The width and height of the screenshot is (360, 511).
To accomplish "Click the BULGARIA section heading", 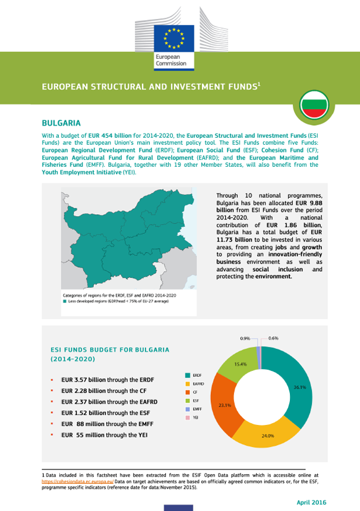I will (x=61, y=123).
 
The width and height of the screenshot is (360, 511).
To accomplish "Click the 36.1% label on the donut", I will (x=300, y=388).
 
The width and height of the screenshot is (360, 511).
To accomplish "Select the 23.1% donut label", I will (x=225, y=406).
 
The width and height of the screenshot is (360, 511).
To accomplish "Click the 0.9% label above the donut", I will (x=245, y=338).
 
